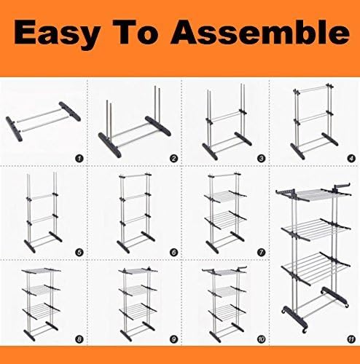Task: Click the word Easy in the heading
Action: coord(57,33)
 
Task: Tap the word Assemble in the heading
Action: coord(260,31)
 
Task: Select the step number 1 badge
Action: coord(79,159)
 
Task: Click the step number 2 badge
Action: coord(173,159)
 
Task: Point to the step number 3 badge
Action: coord(261,159)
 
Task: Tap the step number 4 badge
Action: coord(351,159)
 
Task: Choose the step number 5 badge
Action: coord(79,253)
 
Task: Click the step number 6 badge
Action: coord(173,253)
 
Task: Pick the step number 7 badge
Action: coord(261,253)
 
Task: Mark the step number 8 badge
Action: coord(79,339)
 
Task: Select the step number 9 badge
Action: coord(173,339)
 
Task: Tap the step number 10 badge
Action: coord(261,339)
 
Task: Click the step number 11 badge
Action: coord(351,339)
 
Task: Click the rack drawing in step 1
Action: coord(43,121)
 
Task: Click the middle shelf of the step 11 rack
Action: coord(316,230)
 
